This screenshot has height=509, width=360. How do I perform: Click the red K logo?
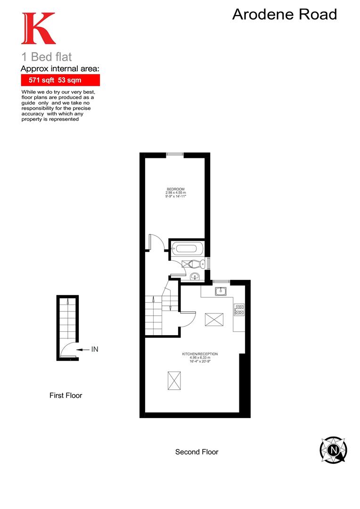pos(38,28)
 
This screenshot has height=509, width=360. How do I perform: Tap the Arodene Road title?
pos(285,15)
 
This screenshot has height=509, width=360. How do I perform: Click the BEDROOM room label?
pos(175,189)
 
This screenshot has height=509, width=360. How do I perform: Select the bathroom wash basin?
pos(195,277)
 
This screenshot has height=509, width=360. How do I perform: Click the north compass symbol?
pos(334,449)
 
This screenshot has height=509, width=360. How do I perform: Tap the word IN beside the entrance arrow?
pos(95,349)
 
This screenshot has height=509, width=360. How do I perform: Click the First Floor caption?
pos(65,395)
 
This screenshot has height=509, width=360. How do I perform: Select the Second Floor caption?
pos(196,452)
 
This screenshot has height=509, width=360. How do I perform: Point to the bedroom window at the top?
pos(175,154)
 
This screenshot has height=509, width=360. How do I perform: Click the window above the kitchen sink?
pos(221,282)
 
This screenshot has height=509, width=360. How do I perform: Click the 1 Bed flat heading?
pos(46,57)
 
